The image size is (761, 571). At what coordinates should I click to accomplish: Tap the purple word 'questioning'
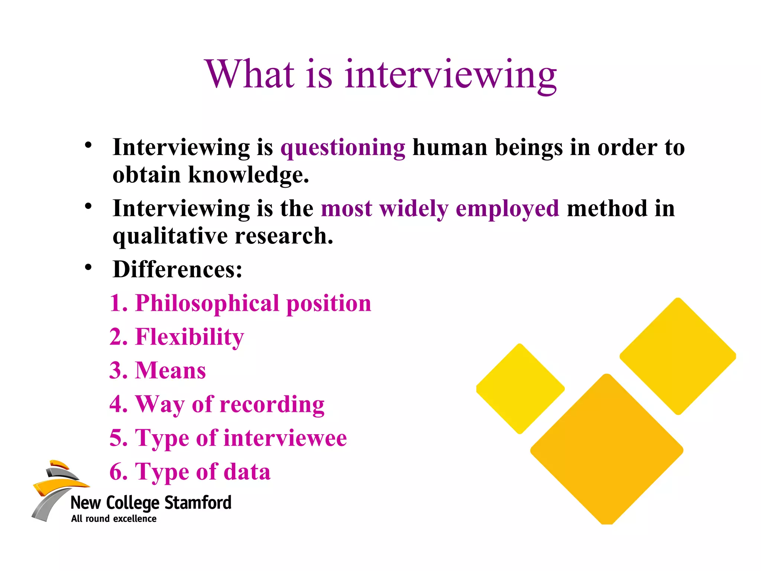pos(343,148)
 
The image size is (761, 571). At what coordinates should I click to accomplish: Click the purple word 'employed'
pos(507,209)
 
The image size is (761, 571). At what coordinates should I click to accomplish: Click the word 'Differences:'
pos(177,269)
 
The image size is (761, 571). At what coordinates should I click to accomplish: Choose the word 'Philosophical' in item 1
pos(207,303)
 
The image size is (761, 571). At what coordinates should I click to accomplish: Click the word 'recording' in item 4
pos(272,404)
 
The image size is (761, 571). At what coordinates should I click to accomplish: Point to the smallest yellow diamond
pos(520,388)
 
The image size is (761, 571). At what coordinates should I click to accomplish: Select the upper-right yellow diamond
pos(678,356)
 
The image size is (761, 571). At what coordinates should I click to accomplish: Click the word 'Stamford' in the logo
pos(198,503)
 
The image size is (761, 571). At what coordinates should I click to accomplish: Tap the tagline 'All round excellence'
pos(114,519)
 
